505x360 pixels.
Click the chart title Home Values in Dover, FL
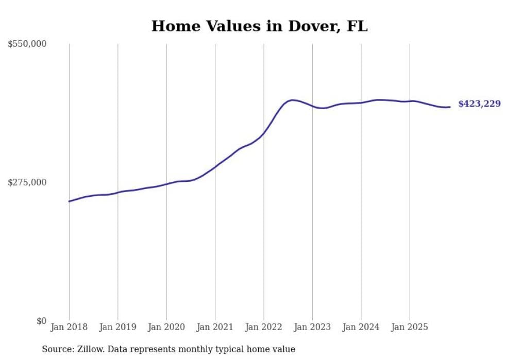point(259,26)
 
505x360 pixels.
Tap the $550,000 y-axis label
point(27,44)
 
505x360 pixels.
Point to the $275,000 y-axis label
point(27,182)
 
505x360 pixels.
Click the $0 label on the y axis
point(41,321)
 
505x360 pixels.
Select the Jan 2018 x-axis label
point(69,327)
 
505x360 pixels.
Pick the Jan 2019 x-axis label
point(117,327)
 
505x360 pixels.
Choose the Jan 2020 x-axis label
point(166,327)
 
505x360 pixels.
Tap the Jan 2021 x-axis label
point(215,327)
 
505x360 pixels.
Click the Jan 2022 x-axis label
point(263,327)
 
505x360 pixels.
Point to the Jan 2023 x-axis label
point(312,327)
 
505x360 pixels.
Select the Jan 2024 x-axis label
point(361,327)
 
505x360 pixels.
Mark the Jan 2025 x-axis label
point(410,327)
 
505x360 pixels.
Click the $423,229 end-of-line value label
point(479,104)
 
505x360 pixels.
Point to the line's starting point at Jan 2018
point(69,201)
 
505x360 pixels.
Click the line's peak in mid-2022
point(292,100)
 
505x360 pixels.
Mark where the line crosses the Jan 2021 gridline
point(215,166)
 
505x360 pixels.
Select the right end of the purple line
point(450,107)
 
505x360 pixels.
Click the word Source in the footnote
point(57,349)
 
